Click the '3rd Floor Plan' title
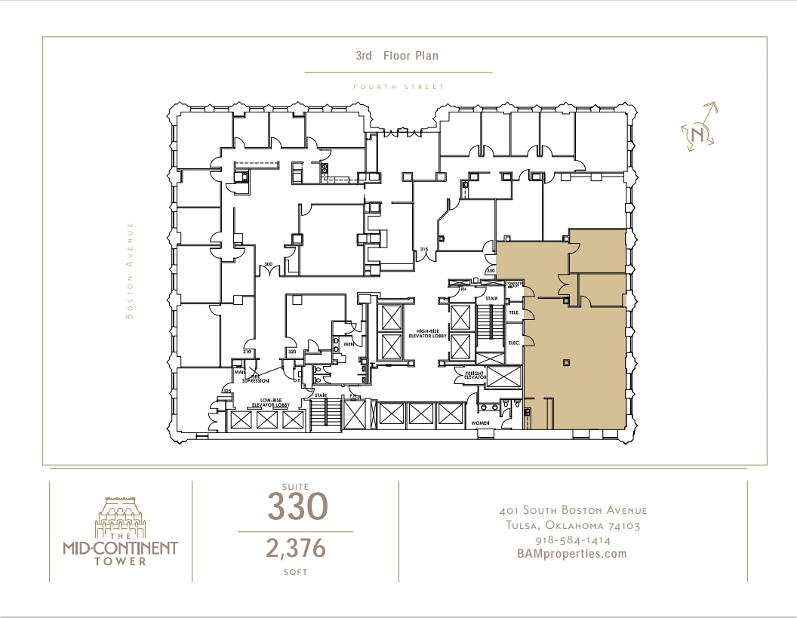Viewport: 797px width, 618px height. click(397, 56)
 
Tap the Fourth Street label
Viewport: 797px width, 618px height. click(398, 87)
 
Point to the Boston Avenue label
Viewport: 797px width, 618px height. click(130, 270)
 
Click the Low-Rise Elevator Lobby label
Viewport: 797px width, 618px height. click(275, 403)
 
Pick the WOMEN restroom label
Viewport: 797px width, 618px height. click(481, 423)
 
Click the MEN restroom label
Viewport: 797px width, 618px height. click(349, 344)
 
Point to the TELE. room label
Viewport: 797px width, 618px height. click(514, 312)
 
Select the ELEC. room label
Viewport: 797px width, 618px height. click(514, 343)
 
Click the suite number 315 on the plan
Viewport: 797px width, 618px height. click(423, 250)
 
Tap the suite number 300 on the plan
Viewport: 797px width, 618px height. click(268, 264)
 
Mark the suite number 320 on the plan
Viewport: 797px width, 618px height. click(291, 352)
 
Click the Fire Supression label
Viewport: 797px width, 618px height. click(255, 379)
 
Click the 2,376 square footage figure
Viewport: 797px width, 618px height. click(296, 549)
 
